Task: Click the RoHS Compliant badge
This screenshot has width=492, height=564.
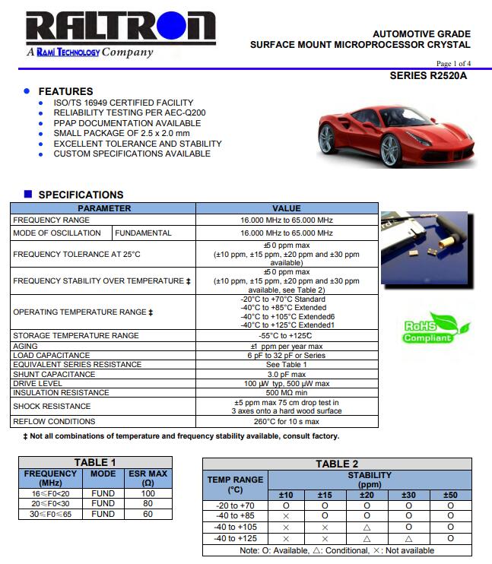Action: pos(428,328)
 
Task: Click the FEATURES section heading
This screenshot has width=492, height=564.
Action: pos(65,91)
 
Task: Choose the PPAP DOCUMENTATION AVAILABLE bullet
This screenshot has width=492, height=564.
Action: pos(127,123)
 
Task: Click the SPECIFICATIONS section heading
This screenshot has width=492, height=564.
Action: pos(81,195)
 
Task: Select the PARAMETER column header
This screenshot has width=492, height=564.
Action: pos(104,208)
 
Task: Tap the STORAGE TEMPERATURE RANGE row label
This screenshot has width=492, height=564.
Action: pos(76,335)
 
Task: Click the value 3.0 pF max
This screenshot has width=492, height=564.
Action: pos(287,374)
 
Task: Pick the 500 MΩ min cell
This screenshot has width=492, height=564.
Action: pos(287,393)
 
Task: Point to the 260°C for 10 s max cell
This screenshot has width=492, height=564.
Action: pos(287,421)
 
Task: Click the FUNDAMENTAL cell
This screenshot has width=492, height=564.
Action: pos(144,233)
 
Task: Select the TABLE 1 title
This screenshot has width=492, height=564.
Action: pos(95,462)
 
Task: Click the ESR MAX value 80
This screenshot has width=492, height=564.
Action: pos(148,503)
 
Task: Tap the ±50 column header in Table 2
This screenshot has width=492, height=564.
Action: pos(450,495)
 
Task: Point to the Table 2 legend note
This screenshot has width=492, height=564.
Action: pos(337,550)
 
